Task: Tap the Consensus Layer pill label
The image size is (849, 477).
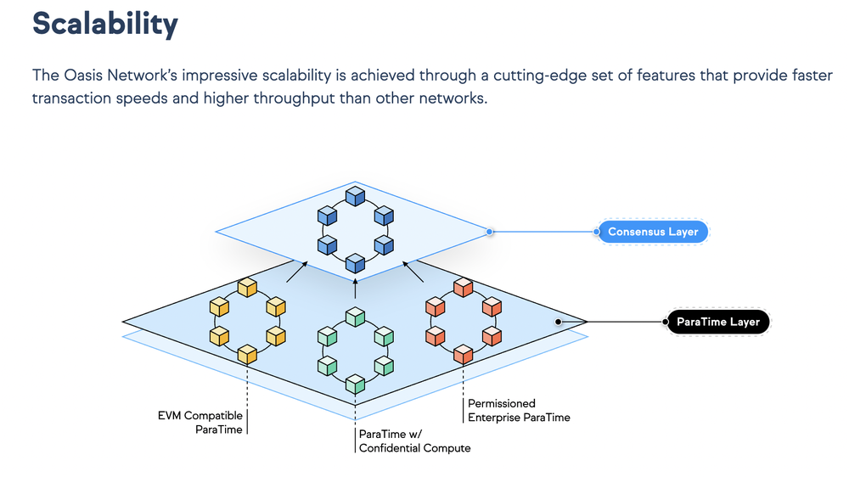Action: pyautogui.click(x=653, y=231)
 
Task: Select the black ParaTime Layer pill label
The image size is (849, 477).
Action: pyautogui.click(x=717, y=323)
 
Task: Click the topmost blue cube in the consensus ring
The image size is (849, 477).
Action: pyautogui.click(x=355, y=197)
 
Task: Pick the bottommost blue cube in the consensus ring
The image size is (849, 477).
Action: pyautogui.click(x=355, y=265)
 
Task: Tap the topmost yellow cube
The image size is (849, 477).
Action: pyautogui.click(x=246, y=288)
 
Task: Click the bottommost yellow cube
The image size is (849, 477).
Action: pyautogui.click(x=246, y=354)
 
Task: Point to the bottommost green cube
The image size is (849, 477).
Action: pyautogui.click(x=355, y=384)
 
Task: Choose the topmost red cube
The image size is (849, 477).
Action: pyautogui.click(x=464, y=288)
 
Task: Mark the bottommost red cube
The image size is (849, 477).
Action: pyautogui.click(x=464, y=353)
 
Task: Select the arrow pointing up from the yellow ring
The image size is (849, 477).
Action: pyautogui.click(x=296, y=272)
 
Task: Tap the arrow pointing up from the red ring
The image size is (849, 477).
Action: pyautogui.click(x=413, y=272)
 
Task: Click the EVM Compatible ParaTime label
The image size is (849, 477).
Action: pyautogui.click(x=201, y=423)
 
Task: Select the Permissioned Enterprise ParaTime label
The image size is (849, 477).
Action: pyautogui.click(x=518, y=411)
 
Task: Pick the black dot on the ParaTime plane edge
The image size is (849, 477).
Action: pyautogui.click(x=558, y=323)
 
